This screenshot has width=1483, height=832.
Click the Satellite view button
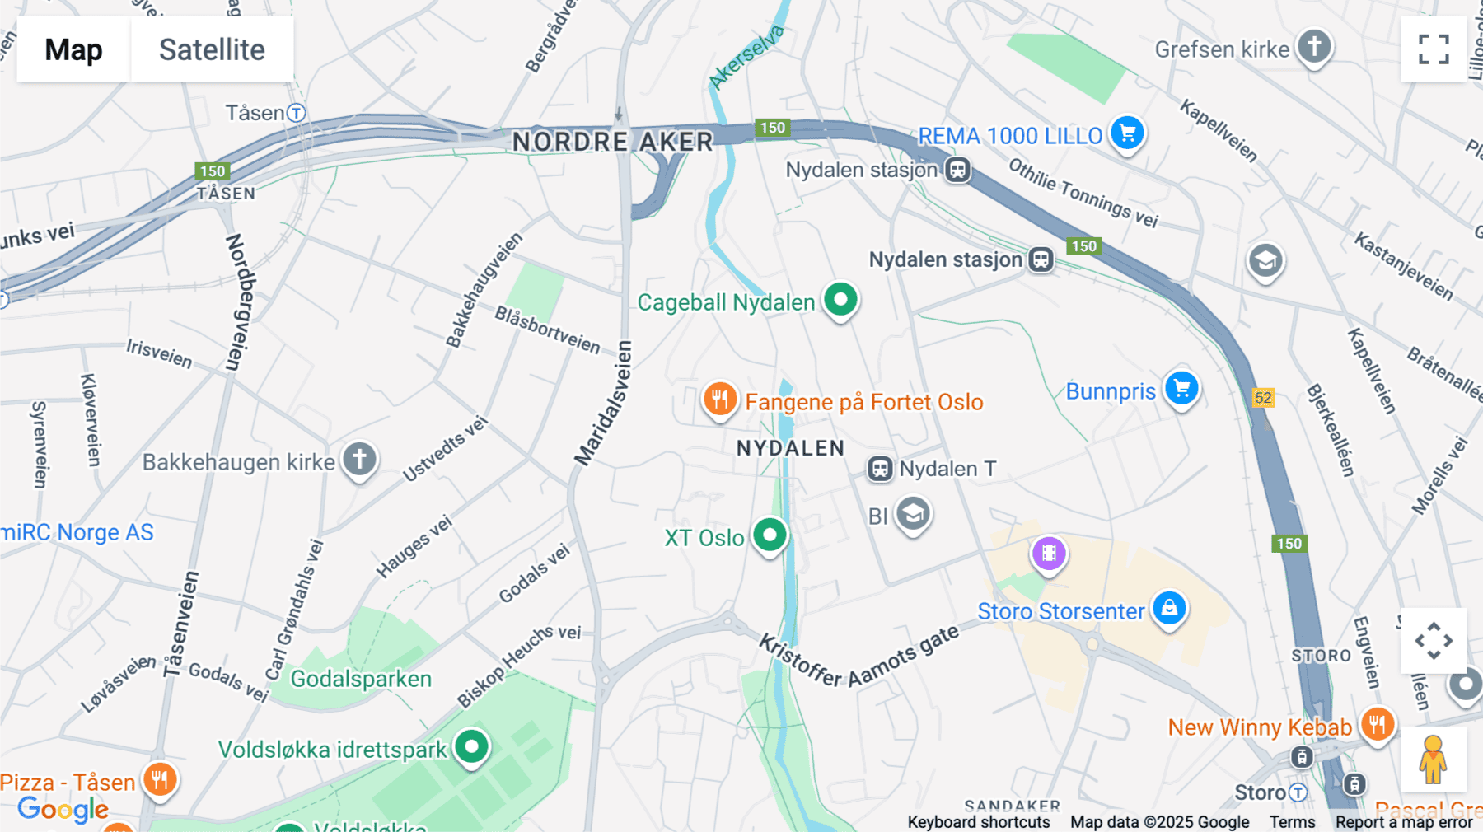[212, 49]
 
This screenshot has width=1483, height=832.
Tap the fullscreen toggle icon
[1434, 49]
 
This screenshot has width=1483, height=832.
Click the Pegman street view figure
[1433, 760]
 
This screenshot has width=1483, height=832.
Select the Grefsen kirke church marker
[1314, 46]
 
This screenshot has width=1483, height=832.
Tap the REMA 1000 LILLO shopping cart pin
[1127, 133]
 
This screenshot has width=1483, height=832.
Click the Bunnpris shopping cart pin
[1181, 389]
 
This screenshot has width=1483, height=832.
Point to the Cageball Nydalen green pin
[840, 300]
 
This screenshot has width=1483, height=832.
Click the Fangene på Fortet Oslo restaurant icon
[719, 400]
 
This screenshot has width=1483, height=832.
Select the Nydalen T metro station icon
[880, 470]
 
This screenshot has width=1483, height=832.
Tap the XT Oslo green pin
[770, 535]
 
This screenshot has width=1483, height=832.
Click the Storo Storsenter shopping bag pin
[1169, 609]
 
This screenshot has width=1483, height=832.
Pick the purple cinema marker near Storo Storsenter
[1049, 554]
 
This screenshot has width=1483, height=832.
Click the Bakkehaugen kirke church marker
[359, 460]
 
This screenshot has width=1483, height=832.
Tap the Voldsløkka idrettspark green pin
[471, 747]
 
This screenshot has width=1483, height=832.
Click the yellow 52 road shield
[1263, 398]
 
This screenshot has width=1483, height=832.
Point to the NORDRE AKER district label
[612, 142]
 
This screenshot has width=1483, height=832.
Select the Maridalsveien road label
[604, 404]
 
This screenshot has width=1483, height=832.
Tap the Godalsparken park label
[361, 679]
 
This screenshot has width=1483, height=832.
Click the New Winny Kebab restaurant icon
[1377, 725]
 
